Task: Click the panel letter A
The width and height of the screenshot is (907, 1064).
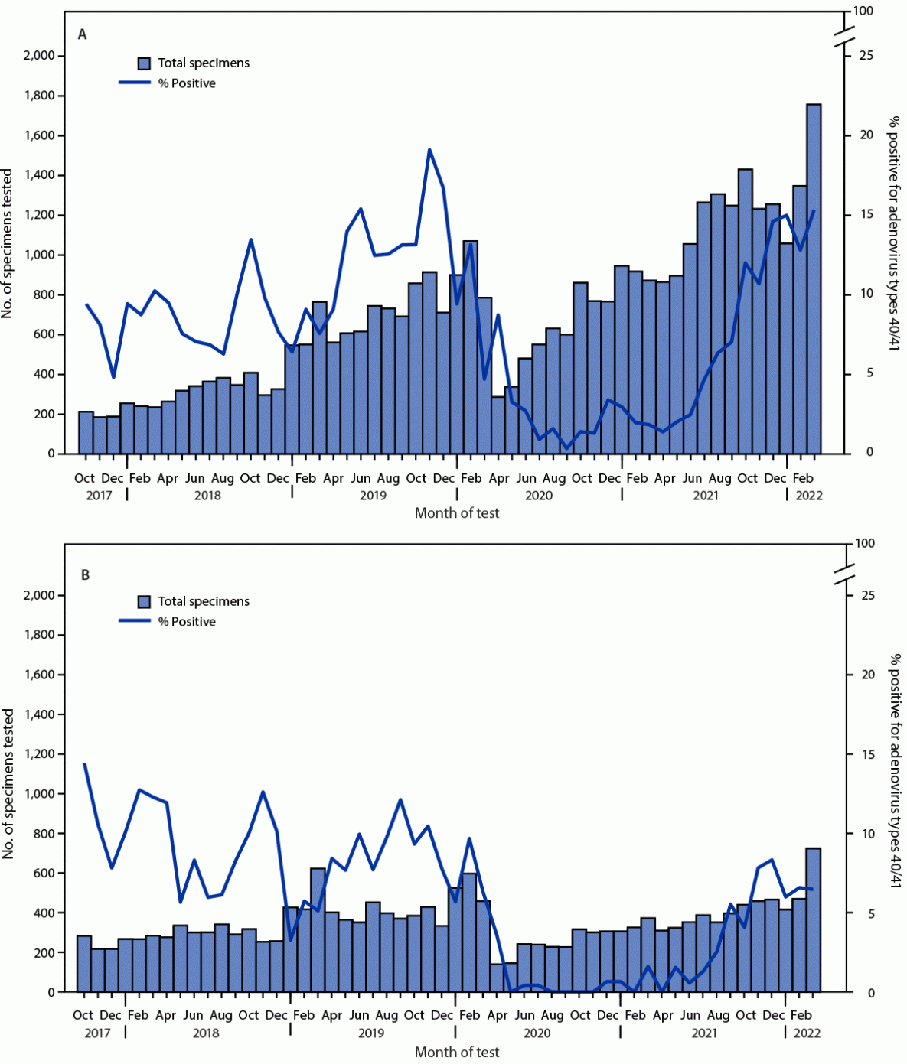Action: click(x=82, y=34)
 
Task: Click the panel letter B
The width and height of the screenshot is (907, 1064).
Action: click(x=85, y=574)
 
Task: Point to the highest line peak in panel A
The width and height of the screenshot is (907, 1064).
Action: click(x=429, y=150)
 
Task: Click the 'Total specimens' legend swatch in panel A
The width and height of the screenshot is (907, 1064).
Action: click(x=144, y=63)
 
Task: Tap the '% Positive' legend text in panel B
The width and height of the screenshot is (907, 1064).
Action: click(x=187, y=622)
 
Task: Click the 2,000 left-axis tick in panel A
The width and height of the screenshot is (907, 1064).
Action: click(x=39, y=56)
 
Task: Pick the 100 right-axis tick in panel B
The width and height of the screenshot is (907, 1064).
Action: click(x=865, y=544)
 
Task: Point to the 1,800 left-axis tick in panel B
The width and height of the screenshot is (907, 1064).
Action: click(x=39, y=635)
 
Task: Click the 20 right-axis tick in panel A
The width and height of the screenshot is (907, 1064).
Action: click(x=866, y=135)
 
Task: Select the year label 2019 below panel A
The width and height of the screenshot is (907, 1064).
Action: click(x=373, y=496)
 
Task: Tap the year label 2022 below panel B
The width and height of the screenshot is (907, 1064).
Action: click(x=807, y=1033)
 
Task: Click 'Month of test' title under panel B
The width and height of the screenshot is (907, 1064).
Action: click(x=457, y=1053)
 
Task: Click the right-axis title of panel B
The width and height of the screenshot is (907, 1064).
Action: click(x=894, y=771)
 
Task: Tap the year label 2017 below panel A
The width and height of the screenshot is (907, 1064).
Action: click(x=99, y=496)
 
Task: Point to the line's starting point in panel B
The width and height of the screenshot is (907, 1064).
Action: click(x=84, y=763)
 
